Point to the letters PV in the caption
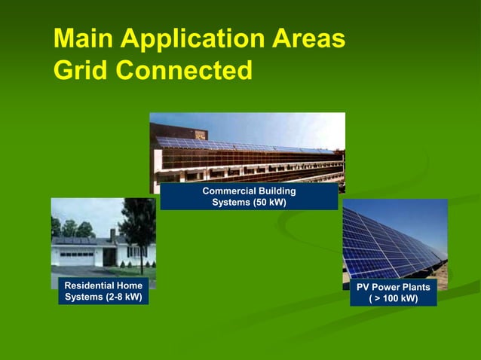click(x=363, y=288)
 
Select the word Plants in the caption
click(x=415, y=288)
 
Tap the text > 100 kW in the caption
click(x=394, y=299)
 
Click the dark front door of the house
click(x=109, y=257)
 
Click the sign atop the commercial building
click(x=200, y=134)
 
